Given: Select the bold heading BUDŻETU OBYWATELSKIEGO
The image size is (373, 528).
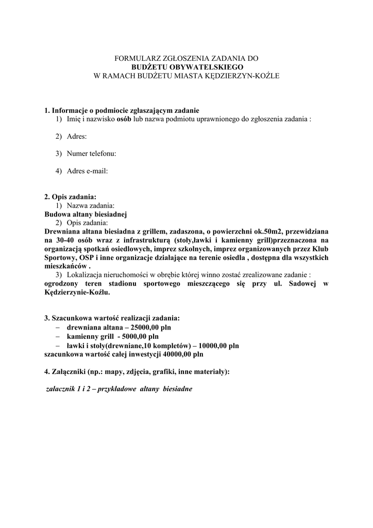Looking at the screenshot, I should pos(186,68).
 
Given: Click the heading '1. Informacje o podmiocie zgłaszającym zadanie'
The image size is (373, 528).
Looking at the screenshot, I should pos(122,111).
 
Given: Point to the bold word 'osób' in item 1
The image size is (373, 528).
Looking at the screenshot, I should pos(124,119).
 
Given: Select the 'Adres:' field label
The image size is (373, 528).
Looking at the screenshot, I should pos(77,137).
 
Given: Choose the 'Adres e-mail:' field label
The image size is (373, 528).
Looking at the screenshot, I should pos(87,171).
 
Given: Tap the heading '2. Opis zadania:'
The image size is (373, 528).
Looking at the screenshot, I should pos(70,196).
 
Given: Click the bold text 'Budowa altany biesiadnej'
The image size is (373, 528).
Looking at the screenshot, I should pos(86,213).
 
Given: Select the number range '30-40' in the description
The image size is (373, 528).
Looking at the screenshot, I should pos(64,240).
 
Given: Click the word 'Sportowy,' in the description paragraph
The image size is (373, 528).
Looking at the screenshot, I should pos(60,257).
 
